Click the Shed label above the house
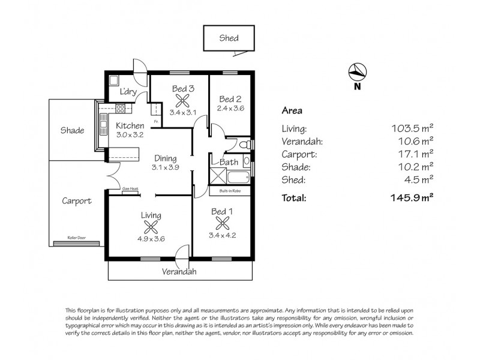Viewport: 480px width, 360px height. (x=229, y=38)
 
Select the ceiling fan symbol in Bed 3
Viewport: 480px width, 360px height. (x=182, y=101)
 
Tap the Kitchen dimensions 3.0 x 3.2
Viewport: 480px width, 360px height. (x=130, y=135)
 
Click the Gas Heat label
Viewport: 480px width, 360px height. (x=130, y=189)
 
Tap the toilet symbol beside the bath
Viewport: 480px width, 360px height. (x=244, y=145)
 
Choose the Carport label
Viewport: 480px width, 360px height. (x=76, y=202)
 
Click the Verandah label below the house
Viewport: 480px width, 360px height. (x=179, y=271)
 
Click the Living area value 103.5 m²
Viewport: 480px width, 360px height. (x=411, y=128)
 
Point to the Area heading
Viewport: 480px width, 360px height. (x=292, y=110)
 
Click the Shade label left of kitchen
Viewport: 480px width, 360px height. (x=73, y=131)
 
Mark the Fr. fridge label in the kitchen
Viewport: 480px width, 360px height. (x=155, y=122)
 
